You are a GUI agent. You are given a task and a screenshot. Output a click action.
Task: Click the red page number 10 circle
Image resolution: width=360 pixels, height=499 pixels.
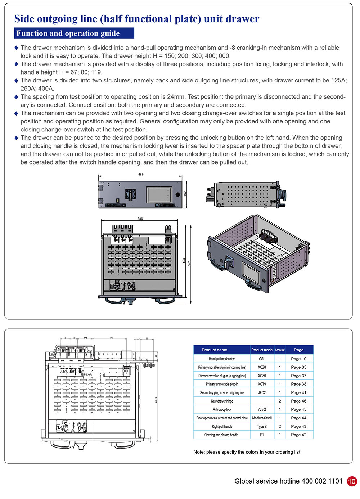click(x=352, y=481)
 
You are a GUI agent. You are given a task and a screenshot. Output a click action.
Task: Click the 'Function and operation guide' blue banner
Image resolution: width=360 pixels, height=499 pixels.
click(x=74, y=33)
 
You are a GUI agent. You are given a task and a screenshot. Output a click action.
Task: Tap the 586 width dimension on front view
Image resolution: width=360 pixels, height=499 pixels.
click(x=141, y=174)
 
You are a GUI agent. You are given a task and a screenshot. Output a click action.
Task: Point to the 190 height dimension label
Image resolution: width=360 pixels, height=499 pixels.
click(x=185, y=194)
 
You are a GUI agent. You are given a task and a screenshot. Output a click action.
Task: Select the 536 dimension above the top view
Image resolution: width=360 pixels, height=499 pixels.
click(x=140, y=219)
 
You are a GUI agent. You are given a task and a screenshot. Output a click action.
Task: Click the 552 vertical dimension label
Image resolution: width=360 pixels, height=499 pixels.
click(x=189, y=263)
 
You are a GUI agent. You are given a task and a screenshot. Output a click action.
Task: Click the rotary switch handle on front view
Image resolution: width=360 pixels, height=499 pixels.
click(x=129, y=194)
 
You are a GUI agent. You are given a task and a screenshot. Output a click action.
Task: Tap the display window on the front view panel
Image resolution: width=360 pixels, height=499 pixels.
click(x=159, y=195)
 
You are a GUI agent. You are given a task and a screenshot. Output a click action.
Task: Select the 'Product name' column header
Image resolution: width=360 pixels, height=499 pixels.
click(x=214, y=350)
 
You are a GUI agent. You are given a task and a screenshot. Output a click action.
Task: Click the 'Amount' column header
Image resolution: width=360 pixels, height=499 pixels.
click(x=280, y=350)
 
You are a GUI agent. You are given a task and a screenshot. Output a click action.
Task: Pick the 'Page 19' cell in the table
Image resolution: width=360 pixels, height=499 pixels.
click(x=298, y=359)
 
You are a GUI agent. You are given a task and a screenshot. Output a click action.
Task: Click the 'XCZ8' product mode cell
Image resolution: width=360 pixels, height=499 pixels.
click(x=262, y=367)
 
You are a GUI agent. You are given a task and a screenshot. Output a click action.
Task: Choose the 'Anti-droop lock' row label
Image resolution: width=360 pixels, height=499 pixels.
click(x=222, y=410)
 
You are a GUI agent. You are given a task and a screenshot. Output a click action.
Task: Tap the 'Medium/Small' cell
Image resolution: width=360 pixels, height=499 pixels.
click(x=262, y=418)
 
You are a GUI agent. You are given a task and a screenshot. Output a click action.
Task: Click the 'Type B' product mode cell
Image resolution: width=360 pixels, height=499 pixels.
click(x=262, y=427)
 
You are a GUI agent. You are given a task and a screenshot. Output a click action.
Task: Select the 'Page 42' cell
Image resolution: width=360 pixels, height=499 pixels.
click(x=298, y=435)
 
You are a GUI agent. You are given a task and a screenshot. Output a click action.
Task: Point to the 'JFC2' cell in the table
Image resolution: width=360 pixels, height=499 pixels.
click(x=262, y=393)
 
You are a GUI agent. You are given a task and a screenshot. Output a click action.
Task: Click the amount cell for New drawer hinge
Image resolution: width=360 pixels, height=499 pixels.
click(x=280, y=401)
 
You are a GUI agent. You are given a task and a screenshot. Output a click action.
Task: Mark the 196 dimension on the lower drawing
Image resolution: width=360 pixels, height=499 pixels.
click(x=111, y=338)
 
